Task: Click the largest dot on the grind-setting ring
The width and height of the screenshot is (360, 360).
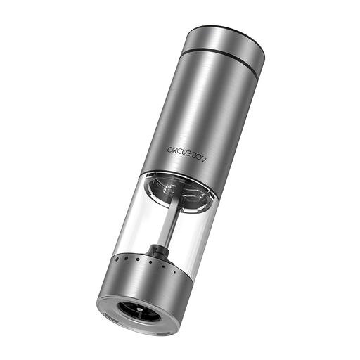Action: coord(117,259)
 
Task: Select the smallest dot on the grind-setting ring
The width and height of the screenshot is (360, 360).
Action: coord(174,272)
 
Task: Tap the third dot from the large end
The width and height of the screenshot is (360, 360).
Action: coord(138,259)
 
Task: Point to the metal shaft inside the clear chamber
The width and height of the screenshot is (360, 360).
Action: coord(169,221)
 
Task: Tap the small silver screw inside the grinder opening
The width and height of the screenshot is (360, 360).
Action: coord(140,310)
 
